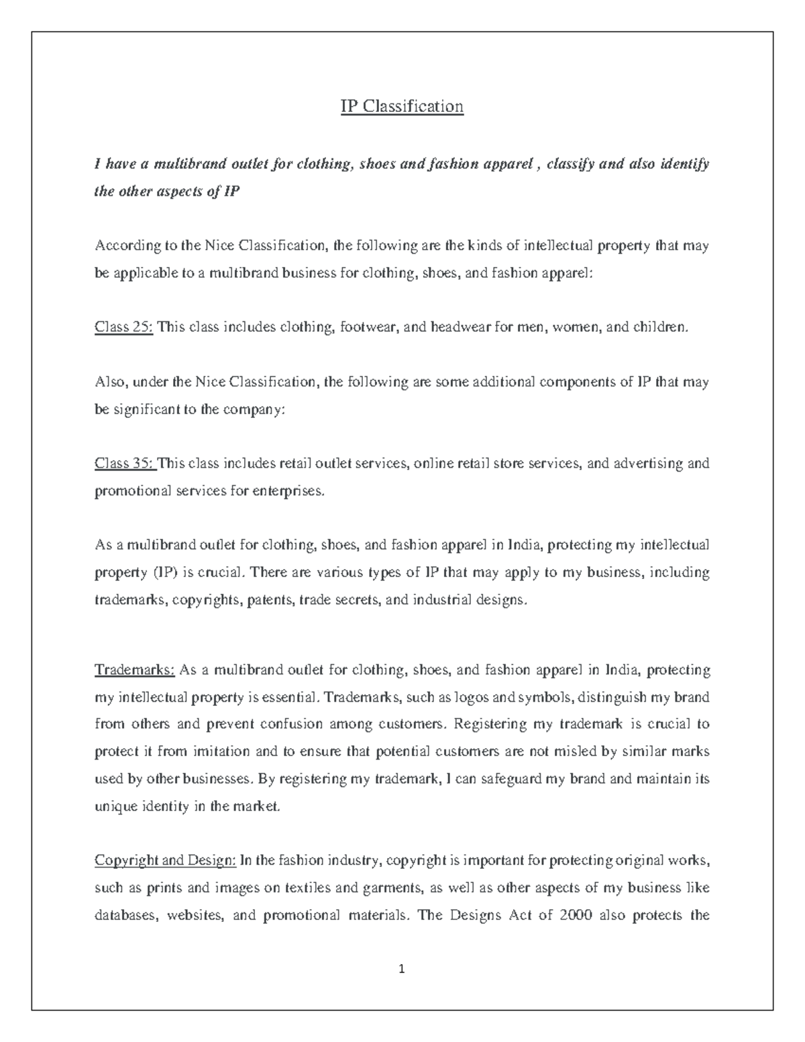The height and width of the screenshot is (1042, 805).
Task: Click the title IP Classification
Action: pyautogui.click(x=402, y=107)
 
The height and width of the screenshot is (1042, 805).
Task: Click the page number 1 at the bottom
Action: pyautogui.click(x=402, y=969)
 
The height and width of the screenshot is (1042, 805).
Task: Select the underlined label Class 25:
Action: pyautogui.click(x=124, y=327)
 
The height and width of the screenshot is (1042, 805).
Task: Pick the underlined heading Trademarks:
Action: pyautogui.click(x=135, y=670)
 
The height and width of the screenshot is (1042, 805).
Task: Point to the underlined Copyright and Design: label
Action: pyautogui.click(x=165, y=861)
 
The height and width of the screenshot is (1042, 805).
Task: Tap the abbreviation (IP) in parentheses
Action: pyautogui.click(x=162, y=573)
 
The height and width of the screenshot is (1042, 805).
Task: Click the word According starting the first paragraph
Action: pyautogui.click(x=125, y=246)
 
